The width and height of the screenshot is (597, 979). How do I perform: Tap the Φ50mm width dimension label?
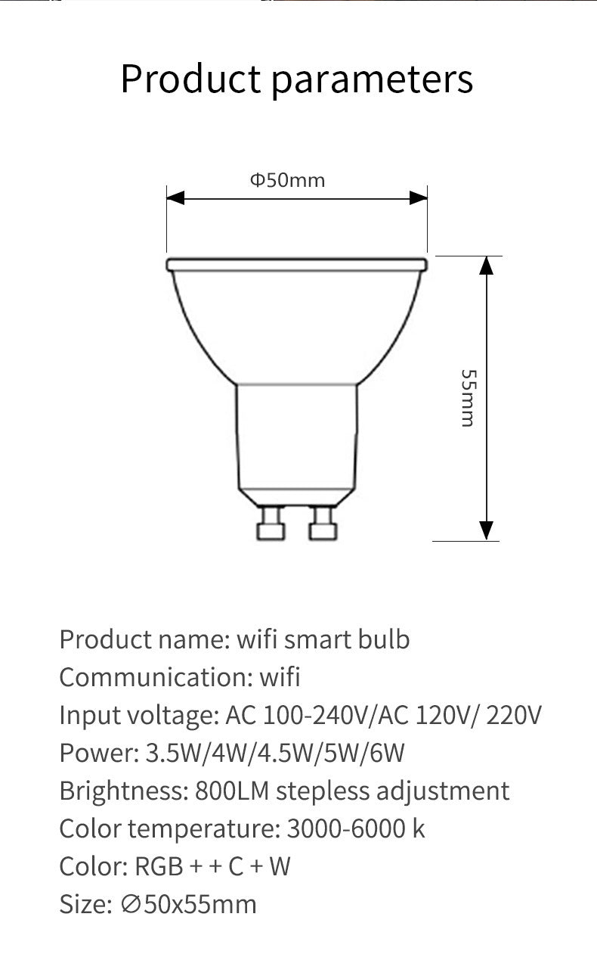click(287, 180)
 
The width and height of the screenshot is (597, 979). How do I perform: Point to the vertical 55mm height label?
click(469, 398)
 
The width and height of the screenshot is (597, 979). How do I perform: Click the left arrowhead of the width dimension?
click(175, 198)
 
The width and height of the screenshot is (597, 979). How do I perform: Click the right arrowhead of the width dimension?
click(418, 198)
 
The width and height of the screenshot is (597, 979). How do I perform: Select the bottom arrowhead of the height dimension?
click(487, 530)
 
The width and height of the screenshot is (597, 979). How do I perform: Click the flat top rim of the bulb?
click(296, 264)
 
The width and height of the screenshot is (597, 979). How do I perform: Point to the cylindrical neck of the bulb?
click(296, 435)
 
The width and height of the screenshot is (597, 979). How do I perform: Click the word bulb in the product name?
click(389, 639)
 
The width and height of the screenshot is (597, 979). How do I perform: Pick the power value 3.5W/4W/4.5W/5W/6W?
click(275, 753)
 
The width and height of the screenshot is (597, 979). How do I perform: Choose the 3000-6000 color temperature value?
click(345, 828)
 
